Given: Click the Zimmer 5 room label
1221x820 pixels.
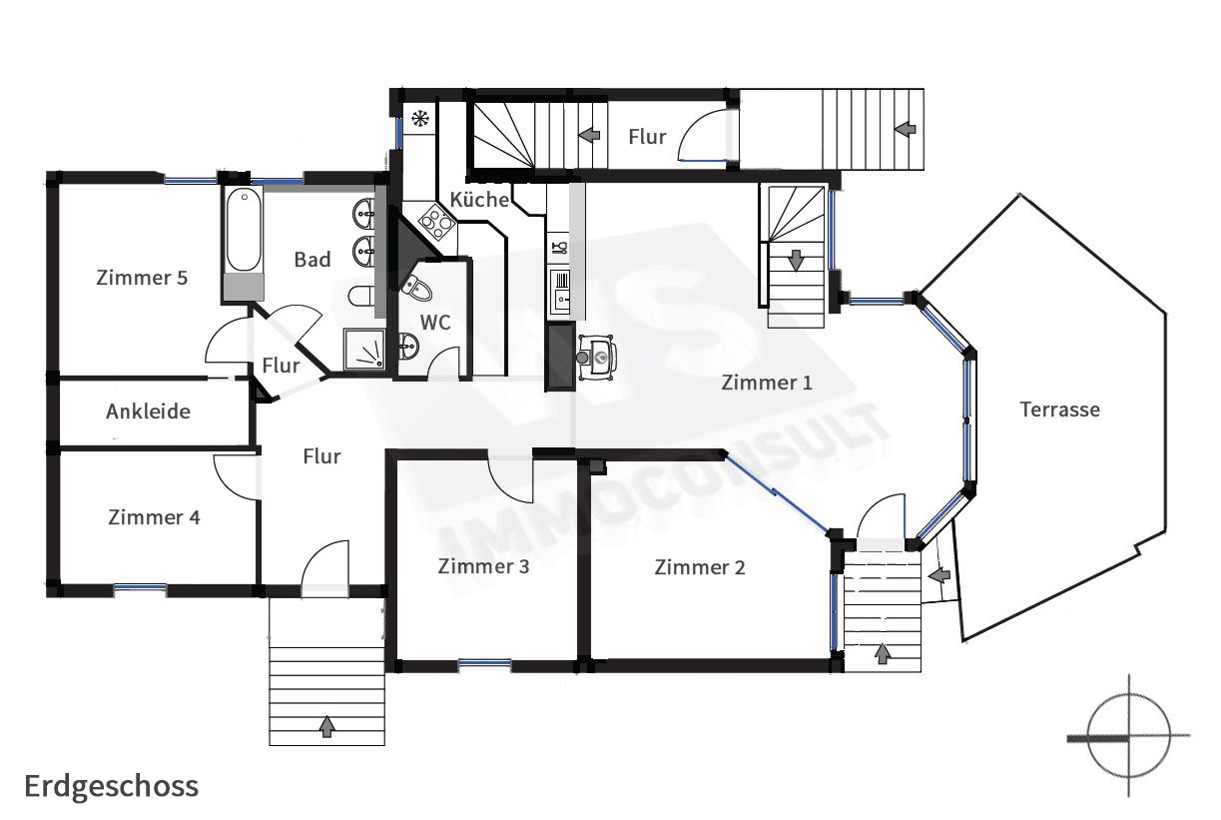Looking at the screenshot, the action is (x=142, y=278).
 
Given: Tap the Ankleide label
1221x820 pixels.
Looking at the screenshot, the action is (x=149, y=411).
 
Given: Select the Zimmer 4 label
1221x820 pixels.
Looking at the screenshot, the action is (x=155, y=516).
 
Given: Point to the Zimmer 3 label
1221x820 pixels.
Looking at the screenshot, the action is (x=483, y=566).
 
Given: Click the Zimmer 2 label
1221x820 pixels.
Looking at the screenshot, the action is (x=700, y=567).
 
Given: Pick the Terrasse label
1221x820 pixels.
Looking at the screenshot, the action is (x=1060, y=409).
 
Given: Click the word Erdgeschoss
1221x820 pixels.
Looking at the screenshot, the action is (x=112, y=786).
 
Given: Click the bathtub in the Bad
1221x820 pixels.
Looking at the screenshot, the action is (x=244, y=230).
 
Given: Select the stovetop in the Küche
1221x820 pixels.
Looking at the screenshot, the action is (x=437, y=222).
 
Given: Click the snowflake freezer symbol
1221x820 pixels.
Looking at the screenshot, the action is (x=420, y=118).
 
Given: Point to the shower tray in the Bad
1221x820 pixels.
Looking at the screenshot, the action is (x=364, y=349).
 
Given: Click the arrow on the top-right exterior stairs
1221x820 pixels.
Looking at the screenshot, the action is (x=905, y=129).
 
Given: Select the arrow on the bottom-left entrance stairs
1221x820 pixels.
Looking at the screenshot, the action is (x=326, y=726).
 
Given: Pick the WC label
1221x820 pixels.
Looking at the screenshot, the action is (x=435, y=323).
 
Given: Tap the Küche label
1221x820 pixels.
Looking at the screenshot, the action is (x=479, y=200).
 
